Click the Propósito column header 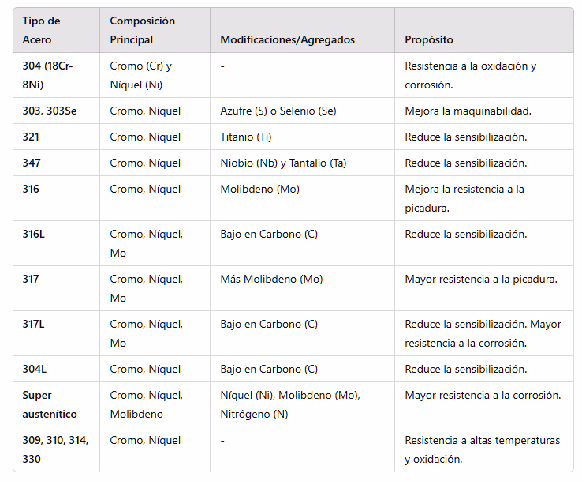click(x=428, y=39)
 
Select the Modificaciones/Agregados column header click(x=287, y=39)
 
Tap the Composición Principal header click(x=143, y=30)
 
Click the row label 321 click(x=31, y=137)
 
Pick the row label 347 click(x=32, y=163)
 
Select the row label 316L click(x=34, y=234)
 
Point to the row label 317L click(x=34, y=324)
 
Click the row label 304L click(x=34, y=369)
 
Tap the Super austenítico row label click(x=50, y=404)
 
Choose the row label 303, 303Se click(x=50, y=111)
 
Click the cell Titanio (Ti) click(x=245, y=137)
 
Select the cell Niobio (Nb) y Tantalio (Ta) click(x=283, y=163)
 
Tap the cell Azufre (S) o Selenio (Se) click(x=278, y=111)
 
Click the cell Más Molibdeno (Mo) click(x=271, y=279)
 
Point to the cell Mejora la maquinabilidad click(x=468, y=111)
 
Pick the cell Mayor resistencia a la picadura click(x=481, y=279)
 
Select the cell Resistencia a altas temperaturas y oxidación click(x=482, y=449)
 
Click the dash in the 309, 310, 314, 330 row click(x=222, y=440)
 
